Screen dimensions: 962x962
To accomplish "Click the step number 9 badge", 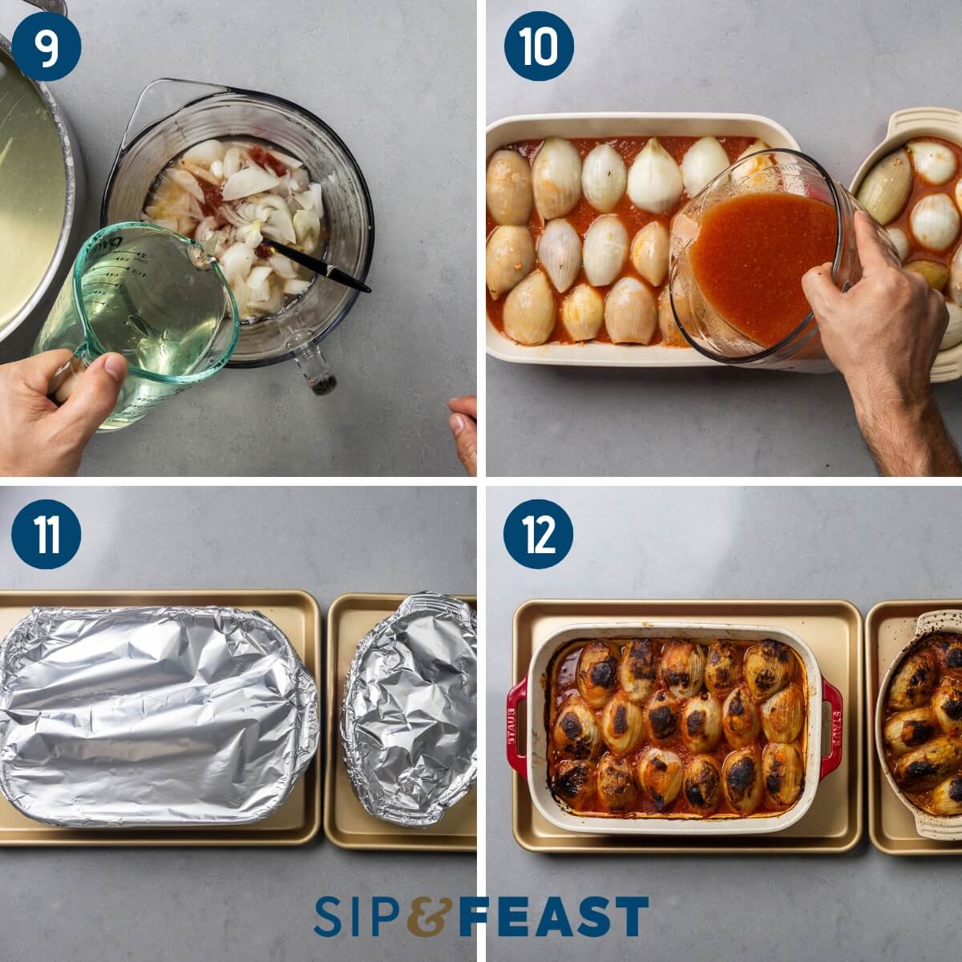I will coord(46,46).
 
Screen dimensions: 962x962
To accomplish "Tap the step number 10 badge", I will coord(538,46).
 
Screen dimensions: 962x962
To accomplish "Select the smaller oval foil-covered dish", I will coord(409,709).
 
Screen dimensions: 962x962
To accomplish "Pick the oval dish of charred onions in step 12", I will coord(922,721).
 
